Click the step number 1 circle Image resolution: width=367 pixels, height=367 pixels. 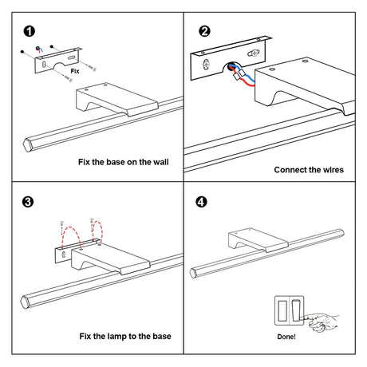30,31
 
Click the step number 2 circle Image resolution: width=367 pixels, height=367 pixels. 204,31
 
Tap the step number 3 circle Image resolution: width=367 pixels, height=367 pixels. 28,202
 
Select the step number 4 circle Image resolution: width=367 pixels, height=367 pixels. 201,202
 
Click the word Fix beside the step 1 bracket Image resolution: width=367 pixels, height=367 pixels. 75,71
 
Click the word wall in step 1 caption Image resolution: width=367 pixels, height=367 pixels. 161,162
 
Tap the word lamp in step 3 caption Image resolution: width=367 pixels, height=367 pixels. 117,337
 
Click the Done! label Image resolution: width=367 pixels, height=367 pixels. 286,337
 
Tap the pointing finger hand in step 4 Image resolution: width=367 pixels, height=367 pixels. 322,322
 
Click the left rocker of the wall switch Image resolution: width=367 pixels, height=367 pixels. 282,310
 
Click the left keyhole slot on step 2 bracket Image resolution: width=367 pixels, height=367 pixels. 206,65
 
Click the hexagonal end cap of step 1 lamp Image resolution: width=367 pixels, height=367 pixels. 28,145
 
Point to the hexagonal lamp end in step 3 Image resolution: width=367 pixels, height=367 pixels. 25,302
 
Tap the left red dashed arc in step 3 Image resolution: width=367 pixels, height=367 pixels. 71,227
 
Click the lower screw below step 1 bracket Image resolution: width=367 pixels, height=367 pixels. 68,78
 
